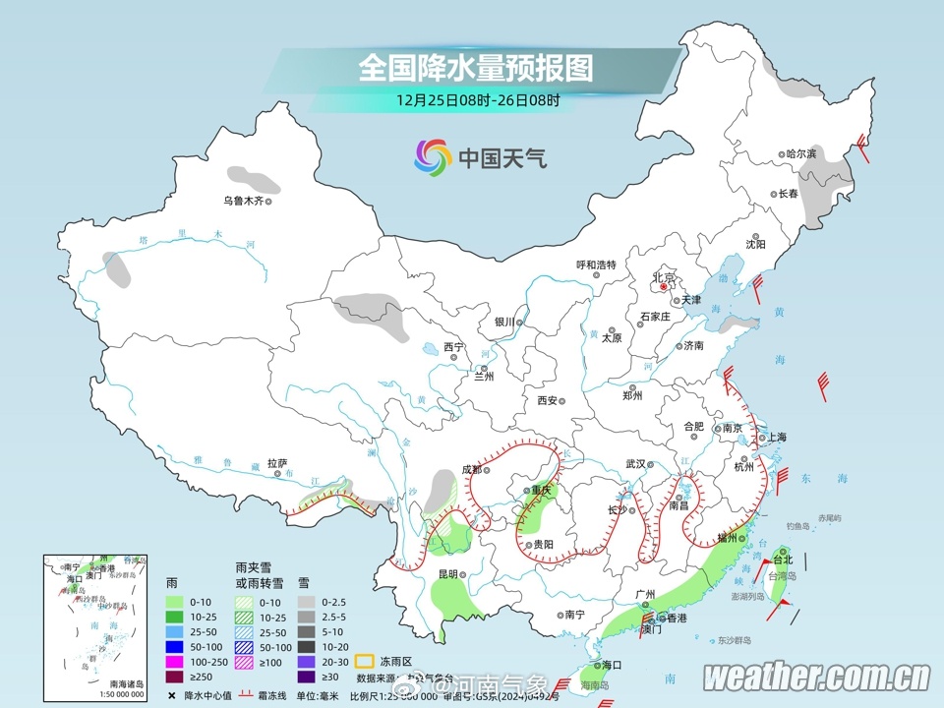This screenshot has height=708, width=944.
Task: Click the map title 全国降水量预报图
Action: [477, 68]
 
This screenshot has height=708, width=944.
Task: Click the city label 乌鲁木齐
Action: [242, 201]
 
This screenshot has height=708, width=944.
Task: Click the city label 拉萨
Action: [276, 463]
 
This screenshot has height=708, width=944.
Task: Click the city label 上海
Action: [775, 437]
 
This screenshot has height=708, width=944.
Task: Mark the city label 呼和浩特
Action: [595, 265]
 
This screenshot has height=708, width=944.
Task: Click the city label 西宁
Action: [452, 346]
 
